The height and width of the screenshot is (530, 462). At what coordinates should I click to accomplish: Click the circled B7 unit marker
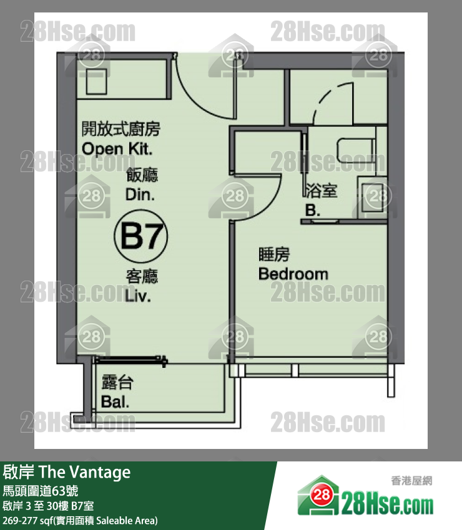tap(141, 236)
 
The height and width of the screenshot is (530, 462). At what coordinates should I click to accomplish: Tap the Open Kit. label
tap(117, 149)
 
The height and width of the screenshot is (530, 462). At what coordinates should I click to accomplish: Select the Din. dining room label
tap(140, 195)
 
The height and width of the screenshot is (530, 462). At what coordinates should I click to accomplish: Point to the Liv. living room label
tap(138, 296)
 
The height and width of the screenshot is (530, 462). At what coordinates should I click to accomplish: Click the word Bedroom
tap(293, 274)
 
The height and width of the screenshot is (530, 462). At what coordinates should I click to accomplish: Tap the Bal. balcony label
tap(115, 402)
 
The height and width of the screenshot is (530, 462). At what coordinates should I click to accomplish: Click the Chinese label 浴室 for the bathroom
tap(322, 191)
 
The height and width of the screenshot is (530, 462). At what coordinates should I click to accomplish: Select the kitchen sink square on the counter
tap(97, 82)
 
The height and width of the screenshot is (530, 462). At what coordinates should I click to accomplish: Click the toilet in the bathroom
tap(356, 150)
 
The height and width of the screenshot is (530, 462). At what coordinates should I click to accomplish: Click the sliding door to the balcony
tap(130, 360)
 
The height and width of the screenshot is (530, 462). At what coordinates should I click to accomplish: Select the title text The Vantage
tap(85, 472)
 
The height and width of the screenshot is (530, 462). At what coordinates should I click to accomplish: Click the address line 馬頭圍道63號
tap(41, 491)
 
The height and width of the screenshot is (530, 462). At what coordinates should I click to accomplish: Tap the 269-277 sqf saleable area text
tap(80, 520)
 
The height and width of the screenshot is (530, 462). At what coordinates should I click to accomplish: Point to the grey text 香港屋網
tap(411, 481)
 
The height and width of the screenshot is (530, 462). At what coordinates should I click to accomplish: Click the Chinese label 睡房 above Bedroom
tap(274, 254)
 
